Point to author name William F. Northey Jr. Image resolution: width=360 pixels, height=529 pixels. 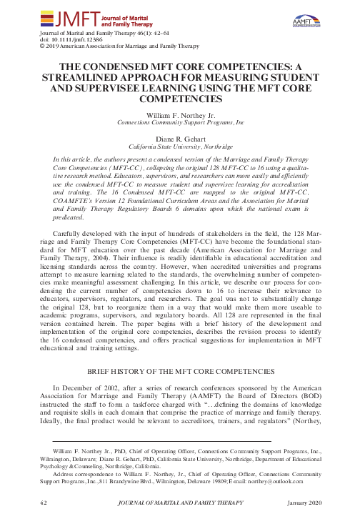point(180,114)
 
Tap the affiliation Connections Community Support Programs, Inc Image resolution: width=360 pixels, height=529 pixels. point(180,122)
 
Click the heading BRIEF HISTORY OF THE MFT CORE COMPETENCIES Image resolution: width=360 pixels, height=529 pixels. point(180,372)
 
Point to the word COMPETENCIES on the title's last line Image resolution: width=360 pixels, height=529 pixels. point(180,99)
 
